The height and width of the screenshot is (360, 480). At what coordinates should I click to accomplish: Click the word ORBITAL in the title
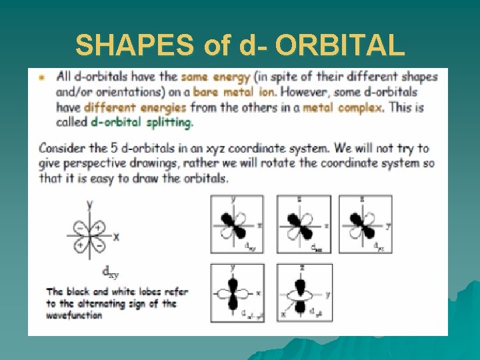[x=338, y=45]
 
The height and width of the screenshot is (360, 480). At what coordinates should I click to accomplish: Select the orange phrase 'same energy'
[x=208, y=77]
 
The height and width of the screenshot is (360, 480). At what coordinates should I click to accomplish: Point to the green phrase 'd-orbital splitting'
[x=141, y=122]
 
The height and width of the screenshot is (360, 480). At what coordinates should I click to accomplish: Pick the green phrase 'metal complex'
[x=343, y=107]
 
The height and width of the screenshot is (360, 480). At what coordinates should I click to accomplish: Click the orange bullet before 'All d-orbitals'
[x=43, y=77]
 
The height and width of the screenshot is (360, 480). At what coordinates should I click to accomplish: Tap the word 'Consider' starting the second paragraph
[x=64, y=148]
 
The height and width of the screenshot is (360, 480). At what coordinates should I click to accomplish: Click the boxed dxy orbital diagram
[x=237, y=225]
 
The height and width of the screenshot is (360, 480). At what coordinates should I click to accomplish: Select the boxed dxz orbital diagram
[x=304, y=225]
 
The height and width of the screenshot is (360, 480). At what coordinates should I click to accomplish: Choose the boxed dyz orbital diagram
[x=365, y=225]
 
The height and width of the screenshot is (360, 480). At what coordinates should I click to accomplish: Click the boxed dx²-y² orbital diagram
[x=237, y=293]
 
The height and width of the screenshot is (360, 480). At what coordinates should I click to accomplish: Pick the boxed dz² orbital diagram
[x=304, y=293]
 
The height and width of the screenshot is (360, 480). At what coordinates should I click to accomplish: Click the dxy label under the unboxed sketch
[x=111, y=271]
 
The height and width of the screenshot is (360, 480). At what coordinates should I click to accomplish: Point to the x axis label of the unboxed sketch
[x=116, y=237]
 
